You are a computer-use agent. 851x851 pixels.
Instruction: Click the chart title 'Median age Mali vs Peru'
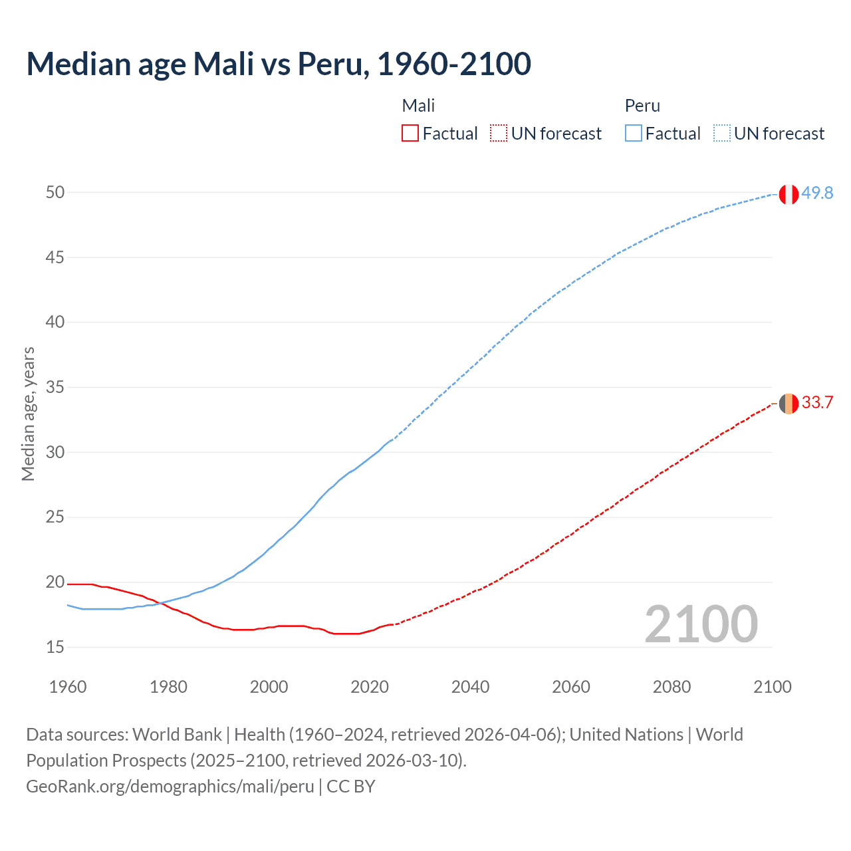click(x=279, y=64)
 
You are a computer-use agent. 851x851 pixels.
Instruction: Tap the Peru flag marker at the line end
click(x=789, y=194)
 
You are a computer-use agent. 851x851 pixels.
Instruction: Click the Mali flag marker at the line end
click(x=789, y=404)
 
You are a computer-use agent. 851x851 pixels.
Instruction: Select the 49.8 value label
click(x=817, y=193)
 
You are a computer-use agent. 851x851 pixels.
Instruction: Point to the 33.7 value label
click(x=817, y=403)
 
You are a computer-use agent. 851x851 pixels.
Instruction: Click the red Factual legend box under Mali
click(x=410, y=134)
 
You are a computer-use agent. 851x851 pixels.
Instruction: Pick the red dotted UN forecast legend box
click(x=499, y=134)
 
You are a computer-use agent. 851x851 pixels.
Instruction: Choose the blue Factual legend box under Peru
click(x=634, y=134)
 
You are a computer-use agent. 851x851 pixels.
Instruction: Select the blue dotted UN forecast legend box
click(x=722, y=134)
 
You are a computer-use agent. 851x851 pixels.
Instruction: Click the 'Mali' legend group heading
click(x=418, y=106)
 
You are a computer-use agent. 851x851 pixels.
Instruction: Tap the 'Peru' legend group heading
click(x=642, y=106)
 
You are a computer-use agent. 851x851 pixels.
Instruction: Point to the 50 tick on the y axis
click(x=55, y=193)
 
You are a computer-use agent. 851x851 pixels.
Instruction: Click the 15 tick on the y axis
click(x=55, y=647)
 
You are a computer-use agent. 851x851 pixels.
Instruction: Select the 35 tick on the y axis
click(x=55, y=388)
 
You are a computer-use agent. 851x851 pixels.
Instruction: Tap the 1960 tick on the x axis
click(x=68, y=687)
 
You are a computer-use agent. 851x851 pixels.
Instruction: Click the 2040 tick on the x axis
click(x=470, y=687)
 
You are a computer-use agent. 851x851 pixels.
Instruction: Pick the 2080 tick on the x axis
click(x=671, y=687)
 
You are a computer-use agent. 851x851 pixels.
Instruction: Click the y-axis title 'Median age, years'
click(x=28, y=414)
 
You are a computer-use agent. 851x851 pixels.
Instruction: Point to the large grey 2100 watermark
click(x=701, y=624)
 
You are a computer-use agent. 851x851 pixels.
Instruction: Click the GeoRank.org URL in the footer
click(x=170, y=787)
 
